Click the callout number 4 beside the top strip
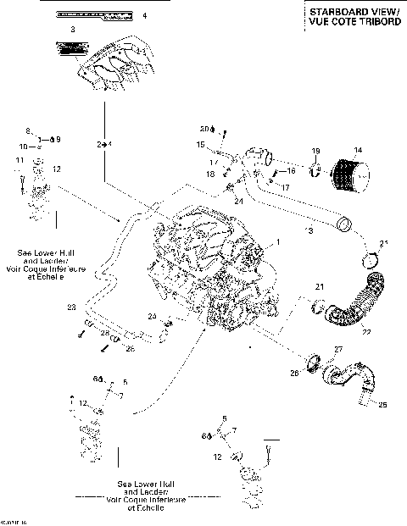point(143,15)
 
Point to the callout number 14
point(358,151)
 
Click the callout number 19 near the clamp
point(315,151)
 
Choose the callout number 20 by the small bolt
point(203,129)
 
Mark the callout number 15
point(200,145)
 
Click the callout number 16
point(291,170)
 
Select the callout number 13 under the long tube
point(309,230)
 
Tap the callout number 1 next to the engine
point(275,241)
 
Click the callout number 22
point(366,331)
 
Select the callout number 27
point(337,348)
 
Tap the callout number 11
point(20,160)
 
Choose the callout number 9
point(59,138)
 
